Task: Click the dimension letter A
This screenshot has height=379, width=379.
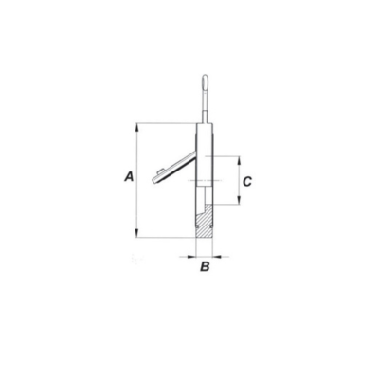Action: tap(129, 176)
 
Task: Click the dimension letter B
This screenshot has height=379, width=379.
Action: tap(205, 266)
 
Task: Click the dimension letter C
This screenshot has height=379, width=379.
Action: tap(247, 182)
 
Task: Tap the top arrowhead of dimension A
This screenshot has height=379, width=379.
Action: tap(136, 127)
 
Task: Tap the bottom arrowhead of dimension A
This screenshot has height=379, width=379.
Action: tap(136, 233)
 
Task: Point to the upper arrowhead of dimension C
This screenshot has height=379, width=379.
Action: tap(239, 160)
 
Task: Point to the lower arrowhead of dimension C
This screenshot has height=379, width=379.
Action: tap(239, 200)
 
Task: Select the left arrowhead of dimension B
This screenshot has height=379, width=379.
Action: tap(191, 257)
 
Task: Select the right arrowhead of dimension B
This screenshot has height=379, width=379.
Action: tap(217, 257)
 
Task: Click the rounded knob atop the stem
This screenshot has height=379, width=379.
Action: tap(205, 81)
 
